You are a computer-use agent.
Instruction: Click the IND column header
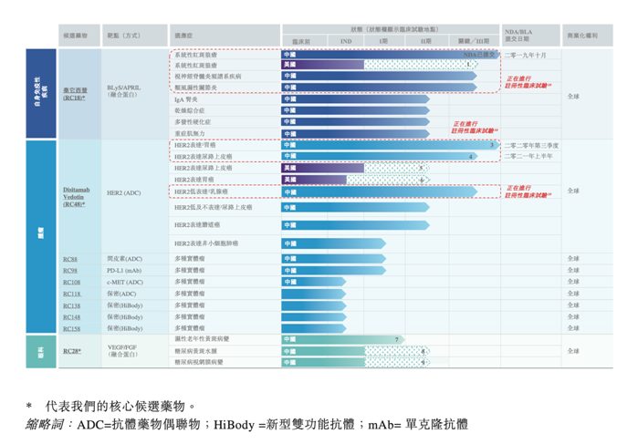pyautogui.click(x=346, y=42)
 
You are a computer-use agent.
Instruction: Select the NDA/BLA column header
pyautogui.click(x=518, y=35)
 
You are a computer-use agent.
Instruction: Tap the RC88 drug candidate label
pyautogui.click(x=70, y=259)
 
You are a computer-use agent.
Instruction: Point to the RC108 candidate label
pyautogui.click(x=72, y=282)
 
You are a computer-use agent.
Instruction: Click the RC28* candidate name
pyautogui.click(x=72, y=350)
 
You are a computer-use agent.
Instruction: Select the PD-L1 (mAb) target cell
pyautogui.click(x=124, y=271)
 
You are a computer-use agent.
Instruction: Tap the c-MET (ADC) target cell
pyautogui.click(x=125, y=282)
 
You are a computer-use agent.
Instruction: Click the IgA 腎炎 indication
pyautogui.click(x=187, y=99)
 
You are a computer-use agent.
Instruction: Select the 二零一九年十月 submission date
pyautogui.click(x=525, y=55)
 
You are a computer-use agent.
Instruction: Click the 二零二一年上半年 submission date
pyautogui.click(x=528, y=156)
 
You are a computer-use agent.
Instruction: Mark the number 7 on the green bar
pyautogui.click(x=396, y=339)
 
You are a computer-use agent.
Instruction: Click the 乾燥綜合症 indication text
pyautogui.click(x=189, y=110)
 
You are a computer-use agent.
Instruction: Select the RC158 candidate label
pyautogui.click(x=72, y=327)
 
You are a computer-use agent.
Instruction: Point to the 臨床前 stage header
pyautogui.click(x=301, y=42)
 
